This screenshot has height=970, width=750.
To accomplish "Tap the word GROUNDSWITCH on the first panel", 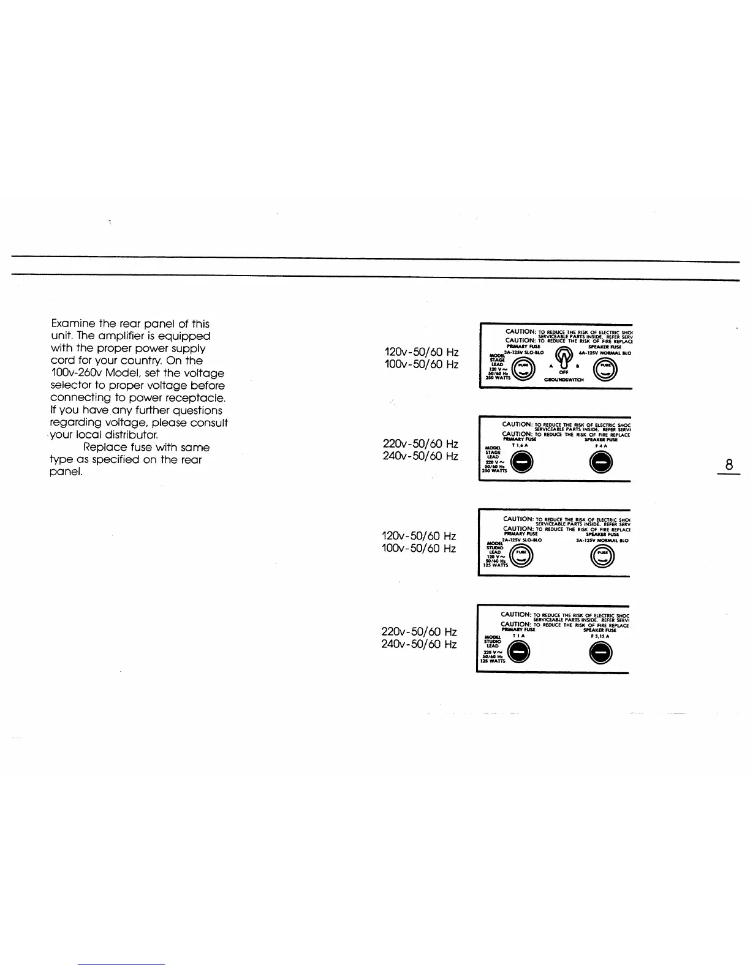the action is [x=564, y=380].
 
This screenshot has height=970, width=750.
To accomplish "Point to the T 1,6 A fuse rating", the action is [x=520, y=445].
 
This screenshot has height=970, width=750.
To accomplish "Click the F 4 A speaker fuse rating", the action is [x=601, y=445].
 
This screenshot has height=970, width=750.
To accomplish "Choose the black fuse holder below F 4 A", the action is [x=601, y=464].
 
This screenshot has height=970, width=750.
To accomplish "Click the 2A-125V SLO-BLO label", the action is [x=522, y=540].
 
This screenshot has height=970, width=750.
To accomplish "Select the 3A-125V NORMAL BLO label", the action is [x=602, y=540].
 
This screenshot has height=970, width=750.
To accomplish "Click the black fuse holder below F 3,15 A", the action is [x=600, y=655].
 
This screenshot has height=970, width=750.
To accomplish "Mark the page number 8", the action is [x=729, y=465].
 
